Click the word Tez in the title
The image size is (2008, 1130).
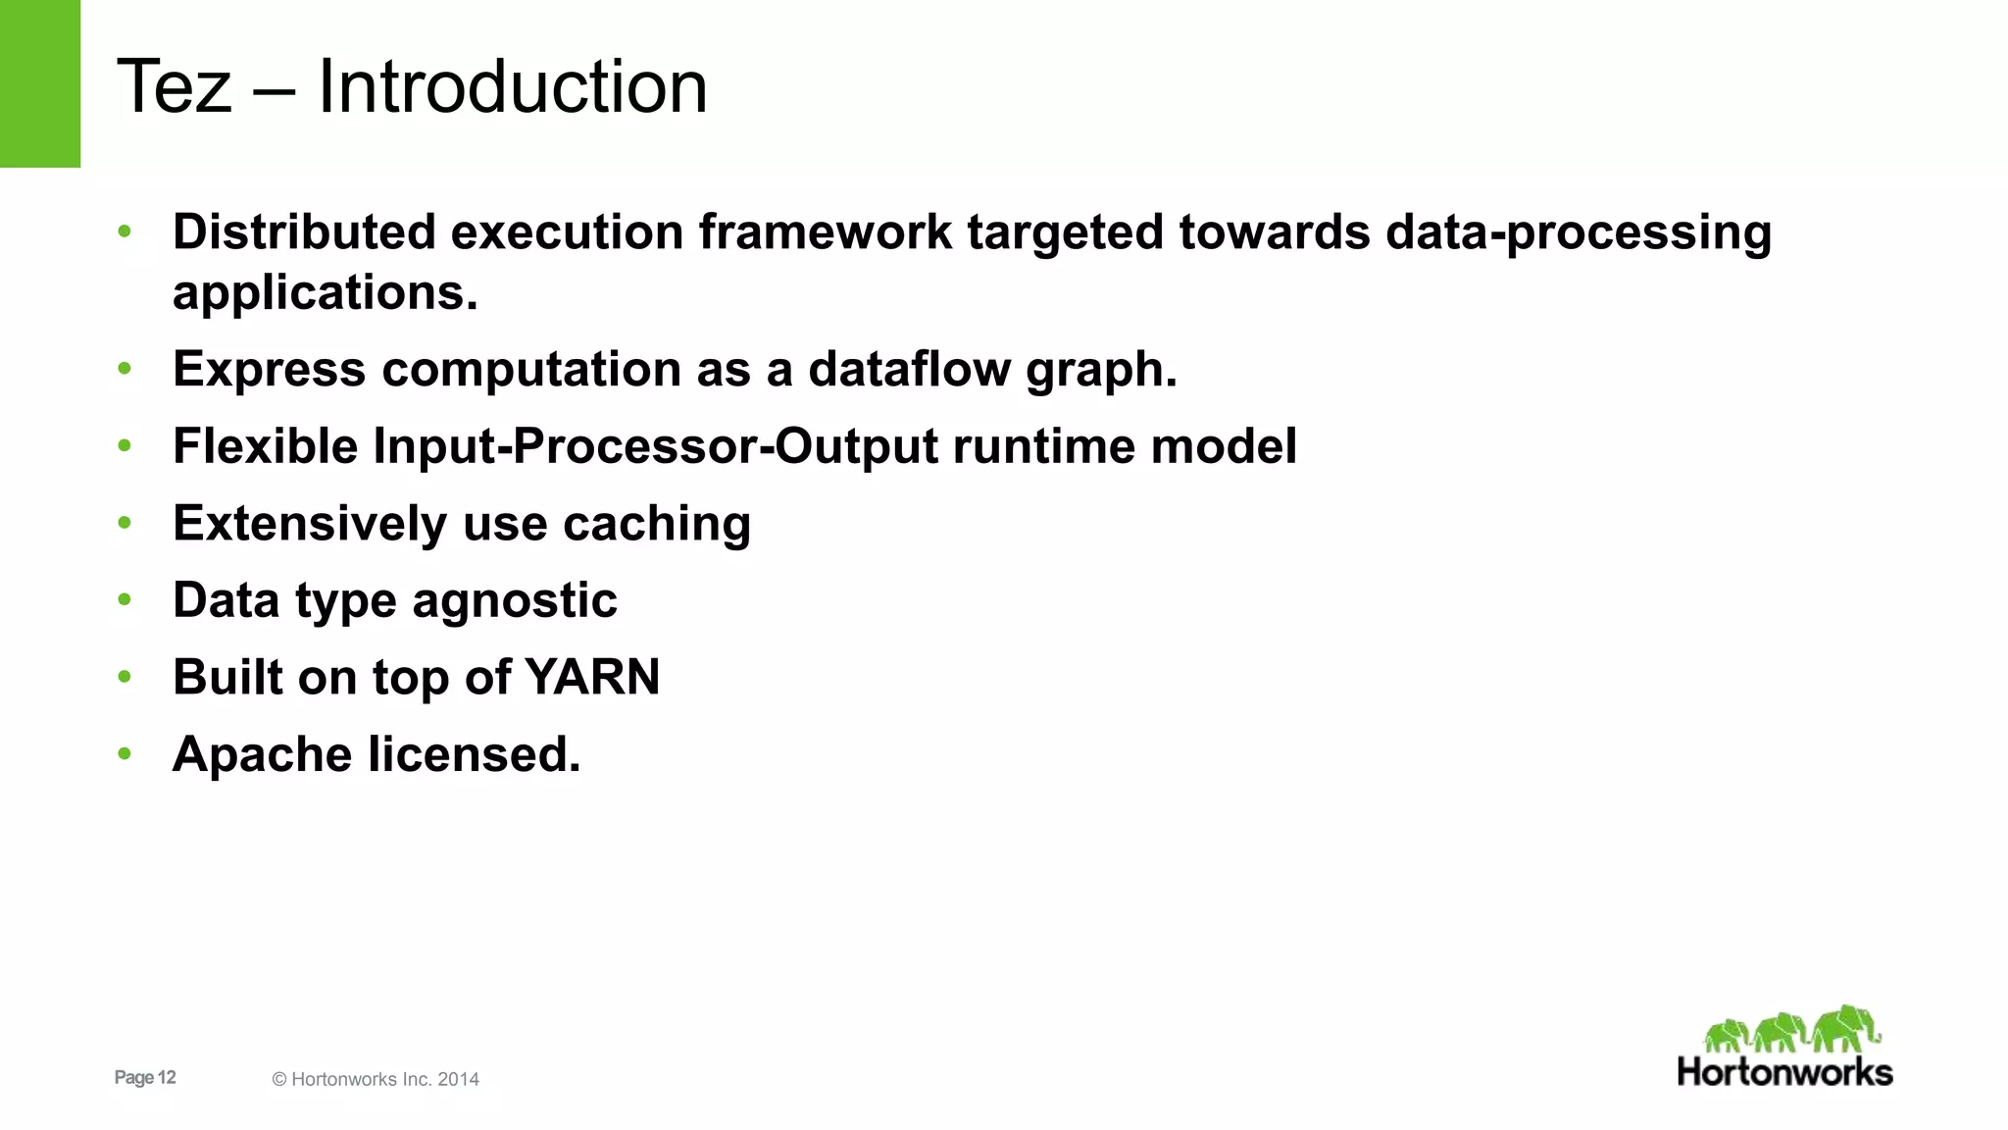click(x=175, y=86)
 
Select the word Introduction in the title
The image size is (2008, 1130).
click(x=512, y=86)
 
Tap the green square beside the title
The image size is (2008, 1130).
click(x=39, y=83)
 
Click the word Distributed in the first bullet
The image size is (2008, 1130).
click(x=304, y=232)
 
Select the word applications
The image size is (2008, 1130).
click(x=325, y=293)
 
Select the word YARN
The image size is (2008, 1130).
click(x=592, y=678)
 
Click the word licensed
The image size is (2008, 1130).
click(x=475, y=755)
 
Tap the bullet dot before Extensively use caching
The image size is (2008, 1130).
click(x=125, y=524)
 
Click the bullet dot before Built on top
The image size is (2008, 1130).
click(x=125, y=677)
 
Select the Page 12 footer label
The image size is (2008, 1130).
click(x=145, y=1077)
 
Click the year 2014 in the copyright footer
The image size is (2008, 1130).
click(x=458, y=1079)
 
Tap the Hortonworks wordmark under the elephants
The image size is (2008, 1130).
click(x=1784, y=1072)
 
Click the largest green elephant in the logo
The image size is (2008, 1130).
click(x=1845, y=1028)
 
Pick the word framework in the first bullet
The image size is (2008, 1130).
click(x=825, y=232)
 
